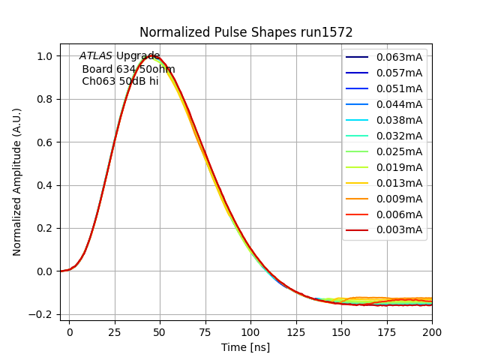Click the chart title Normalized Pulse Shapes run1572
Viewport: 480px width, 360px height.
click(246, 32)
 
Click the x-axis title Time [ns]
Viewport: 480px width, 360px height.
click(245, 347)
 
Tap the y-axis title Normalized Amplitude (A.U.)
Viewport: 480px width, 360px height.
click(17, 182)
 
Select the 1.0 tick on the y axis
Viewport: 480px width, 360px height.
click(44, 56)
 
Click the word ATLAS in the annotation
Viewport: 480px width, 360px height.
click(95, 56)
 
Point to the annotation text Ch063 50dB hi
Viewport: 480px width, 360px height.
click(120, 81)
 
